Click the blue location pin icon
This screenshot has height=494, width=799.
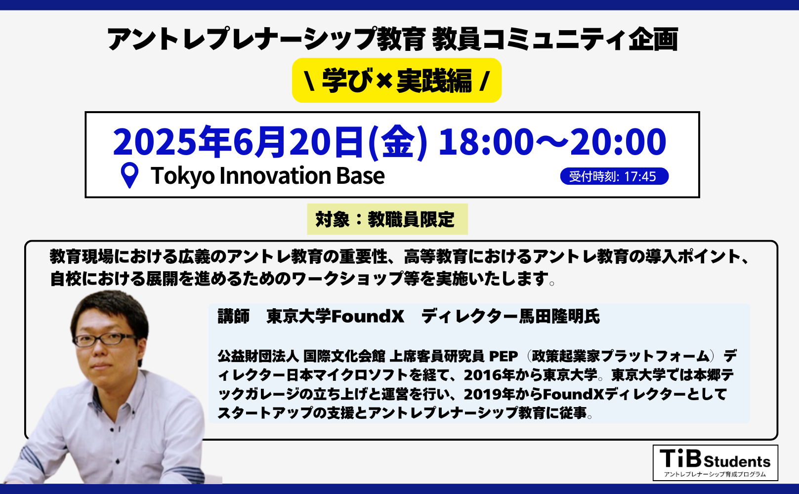point(129,175)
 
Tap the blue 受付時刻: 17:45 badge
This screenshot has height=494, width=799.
point(614,176)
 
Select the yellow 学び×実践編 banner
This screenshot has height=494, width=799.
point(397,80)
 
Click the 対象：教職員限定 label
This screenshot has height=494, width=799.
point(387,219)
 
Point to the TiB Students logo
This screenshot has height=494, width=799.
point(715,462)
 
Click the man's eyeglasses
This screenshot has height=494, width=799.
point(105,339)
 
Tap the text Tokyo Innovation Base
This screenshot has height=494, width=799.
point(267,175)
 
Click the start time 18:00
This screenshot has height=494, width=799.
point(486,142)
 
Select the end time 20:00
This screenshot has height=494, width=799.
point(618,142)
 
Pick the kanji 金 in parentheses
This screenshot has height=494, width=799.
point(397,142)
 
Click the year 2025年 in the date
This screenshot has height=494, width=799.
point(170,142)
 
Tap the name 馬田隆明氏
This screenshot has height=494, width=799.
point(559,316)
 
